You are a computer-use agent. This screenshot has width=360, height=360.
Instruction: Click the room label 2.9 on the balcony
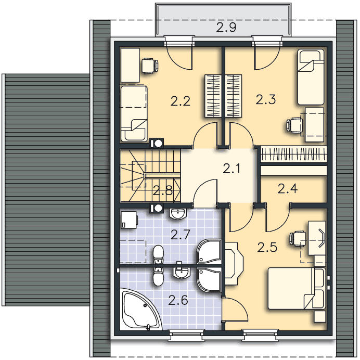[x=226, y=28]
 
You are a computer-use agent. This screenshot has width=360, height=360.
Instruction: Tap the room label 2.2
[x=181, y=101]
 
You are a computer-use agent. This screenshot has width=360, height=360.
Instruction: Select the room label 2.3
[x=266, y=100]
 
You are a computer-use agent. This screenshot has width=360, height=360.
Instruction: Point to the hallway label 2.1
[x=232, y=168]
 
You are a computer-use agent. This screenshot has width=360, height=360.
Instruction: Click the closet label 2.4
[x=288, y=188]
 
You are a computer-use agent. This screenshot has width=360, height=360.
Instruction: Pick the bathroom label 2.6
[x=178, y=300]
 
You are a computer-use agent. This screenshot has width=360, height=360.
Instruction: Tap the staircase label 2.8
[x=162, y=190]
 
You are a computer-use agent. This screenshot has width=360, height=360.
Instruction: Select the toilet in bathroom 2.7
[x=158, y=254]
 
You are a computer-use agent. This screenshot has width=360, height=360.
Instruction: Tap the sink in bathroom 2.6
[x=182, y=272]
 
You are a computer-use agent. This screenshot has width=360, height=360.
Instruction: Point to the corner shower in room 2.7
[x=209, y=251]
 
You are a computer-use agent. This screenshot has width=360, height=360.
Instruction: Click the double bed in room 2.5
[x=297, y=288]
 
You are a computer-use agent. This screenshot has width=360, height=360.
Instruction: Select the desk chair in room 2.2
[x=149, y=66]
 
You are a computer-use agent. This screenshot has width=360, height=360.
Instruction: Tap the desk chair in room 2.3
[x=295, y=125]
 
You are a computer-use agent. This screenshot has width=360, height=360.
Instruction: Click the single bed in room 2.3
[x=311, y=77]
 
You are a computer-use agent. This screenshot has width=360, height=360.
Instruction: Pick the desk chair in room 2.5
[x=298, y=239]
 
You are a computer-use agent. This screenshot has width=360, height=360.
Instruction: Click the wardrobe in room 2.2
[x=213, y=96]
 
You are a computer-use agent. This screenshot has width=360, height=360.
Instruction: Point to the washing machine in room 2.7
[x=129, y=220]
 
